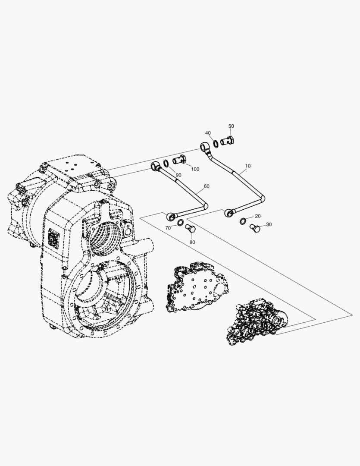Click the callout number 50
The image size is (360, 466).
pos(231,126)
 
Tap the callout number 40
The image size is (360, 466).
pos(208,133)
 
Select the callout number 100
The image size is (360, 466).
pos(195,169)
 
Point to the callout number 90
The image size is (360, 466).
pos(178,175)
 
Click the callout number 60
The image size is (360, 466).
pos(207,186)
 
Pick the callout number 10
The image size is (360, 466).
pos(248,166)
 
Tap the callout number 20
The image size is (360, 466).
pos(258,216)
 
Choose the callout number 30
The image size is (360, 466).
pos(269,224)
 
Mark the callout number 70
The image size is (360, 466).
pos(168,228)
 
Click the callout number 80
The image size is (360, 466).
pos(192,242)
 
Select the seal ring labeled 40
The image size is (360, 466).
pos(216,142)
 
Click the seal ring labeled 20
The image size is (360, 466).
pos(243,221)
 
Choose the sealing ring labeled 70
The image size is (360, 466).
pos(180,222)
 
